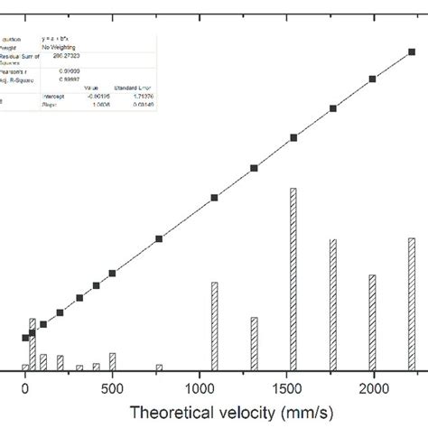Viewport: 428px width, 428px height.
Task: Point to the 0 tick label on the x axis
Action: pyautogui.click(x=25, y=386)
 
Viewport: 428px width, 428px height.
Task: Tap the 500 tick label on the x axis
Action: pyautogui.click(x=112, y=386)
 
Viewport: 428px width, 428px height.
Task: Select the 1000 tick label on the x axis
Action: pyautogui.click(x=198, y=386)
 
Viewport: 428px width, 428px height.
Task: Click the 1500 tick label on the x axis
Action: pyautogui.click(x=285, y=386)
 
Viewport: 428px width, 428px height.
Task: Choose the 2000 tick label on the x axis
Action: pyautogui.click(x=372, y=386)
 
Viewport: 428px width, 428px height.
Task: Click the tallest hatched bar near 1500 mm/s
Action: pyautogui.click(x=293, y=280)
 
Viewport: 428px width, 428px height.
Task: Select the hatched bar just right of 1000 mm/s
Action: pyautogui.click(x=214, y=326)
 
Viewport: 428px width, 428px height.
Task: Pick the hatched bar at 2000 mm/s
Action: pyautogui.click(x=372, y=321)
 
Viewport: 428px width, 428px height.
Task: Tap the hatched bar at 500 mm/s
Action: pyautogui.click(x=112, y=361)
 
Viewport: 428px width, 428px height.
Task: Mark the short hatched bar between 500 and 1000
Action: pyautogui.click(x=159, y=367)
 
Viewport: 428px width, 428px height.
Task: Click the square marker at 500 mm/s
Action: pyautogui.click(x=112, y=273)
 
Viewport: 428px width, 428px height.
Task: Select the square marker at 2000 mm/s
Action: pyautogui.click(x=372, y=79)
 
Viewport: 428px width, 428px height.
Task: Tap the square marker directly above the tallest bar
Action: pyautogui.click(x=293, y=138)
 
